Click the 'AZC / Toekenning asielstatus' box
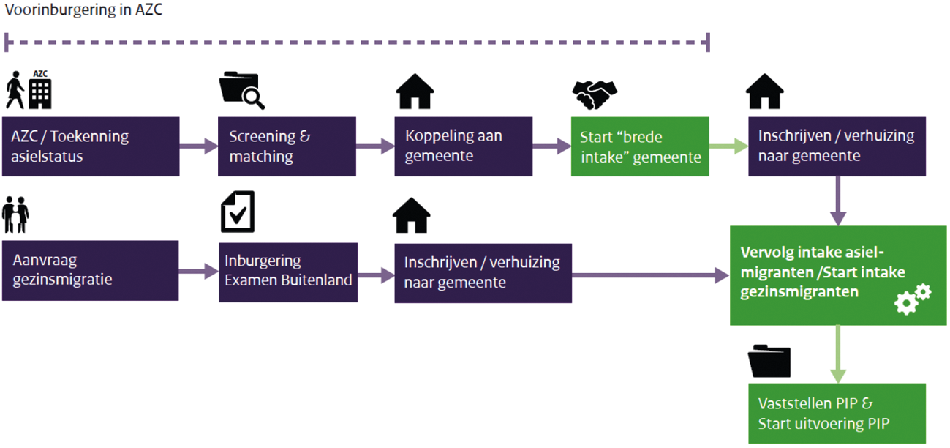pos(90,146)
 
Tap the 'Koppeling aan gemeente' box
pos(463,146)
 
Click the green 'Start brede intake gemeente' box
pos(640,146)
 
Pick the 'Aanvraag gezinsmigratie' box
pos(90,270)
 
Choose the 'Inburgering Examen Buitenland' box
pos(288,271)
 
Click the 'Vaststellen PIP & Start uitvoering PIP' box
pos(837,414)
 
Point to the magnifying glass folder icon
pos(242,92)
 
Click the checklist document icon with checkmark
pos(238,212)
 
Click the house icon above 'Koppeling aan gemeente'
pos(415,92)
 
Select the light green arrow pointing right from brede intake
pos(728,146)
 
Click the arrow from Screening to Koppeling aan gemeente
pos(375,146)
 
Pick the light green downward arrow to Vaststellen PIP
pos(837,354)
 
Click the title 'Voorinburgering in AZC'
pos(83,11)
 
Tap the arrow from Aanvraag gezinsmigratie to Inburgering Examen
pos(198,271)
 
